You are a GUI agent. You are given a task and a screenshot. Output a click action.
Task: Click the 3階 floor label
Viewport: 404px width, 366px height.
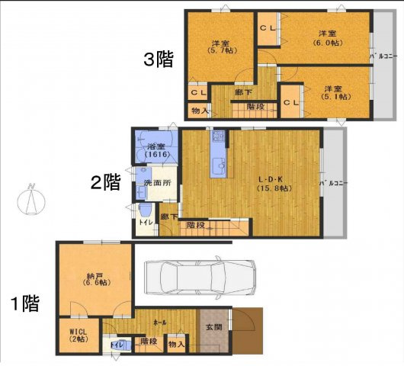(159, 60)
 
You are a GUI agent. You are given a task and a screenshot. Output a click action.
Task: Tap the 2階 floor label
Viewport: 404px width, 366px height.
(105, 182)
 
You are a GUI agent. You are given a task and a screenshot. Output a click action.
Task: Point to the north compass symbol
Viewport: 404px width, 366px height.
(28, 201)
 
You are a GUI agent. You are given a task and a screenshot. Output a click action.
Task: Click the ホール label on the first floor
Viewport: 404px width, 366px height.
(160, 322)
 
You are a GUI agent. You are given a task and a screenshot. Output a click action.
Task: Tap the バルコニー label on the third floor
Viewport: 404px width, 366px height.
(379, 56)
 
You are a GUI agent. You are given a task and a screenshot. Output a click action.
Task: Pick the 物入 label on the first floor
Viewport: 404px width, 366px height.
(176, 345)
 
